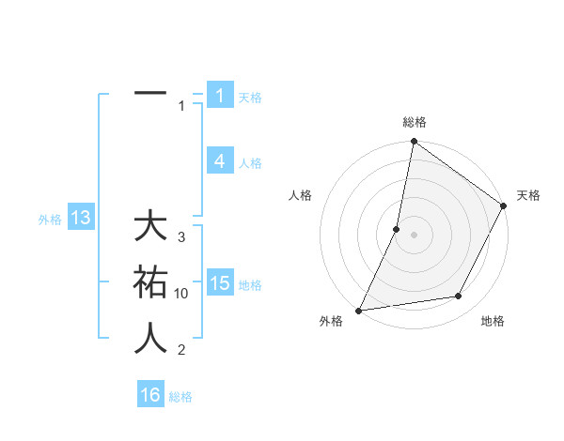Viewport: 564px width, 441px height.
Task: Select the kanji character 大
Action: click(150, 227)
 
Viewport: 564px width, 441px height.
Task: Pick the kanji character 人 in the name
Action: click(150, 337)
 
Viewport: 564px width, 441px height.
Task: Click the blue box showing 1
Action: click(219, 95)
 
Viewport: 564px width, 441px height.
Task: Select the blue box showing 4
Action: click(219, 161)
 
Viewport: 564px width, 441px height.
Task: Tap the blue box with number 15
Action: click(219, 283)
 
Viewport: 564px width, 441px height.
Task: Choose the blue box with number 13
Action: click(81, 219)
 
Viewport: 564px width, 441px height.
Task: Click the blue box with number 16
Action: click(150, 395)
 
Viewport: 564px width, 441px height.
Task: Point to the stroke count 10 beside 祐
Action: click(181, 294)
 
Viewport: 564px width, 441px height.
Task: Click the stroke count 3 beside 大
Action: click(181, 237)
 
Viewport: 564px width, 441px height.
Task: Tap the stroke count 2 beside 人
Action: click(181, 350)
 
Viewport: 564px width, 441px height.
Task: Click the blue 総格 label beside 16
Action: click(180, 397)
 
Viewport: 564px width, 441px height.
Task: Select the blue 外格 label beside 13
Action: click(50, 220)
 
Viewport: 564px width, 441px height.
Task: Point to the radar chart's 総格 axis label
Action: click(414, 122)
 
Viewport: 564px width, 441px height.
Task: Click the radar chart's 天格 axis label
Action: click(528, 195)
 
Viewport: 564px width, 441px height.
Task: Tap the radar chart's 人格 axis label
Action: click(301, 195)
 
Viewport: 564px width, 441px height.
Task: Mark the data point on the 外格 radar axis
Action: click(359, 310)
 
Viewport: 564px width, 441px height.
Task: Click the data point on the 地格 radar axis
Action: click(459, 297)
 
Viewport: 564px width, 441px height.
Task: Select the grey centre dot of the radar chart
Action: click(414, 235)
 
